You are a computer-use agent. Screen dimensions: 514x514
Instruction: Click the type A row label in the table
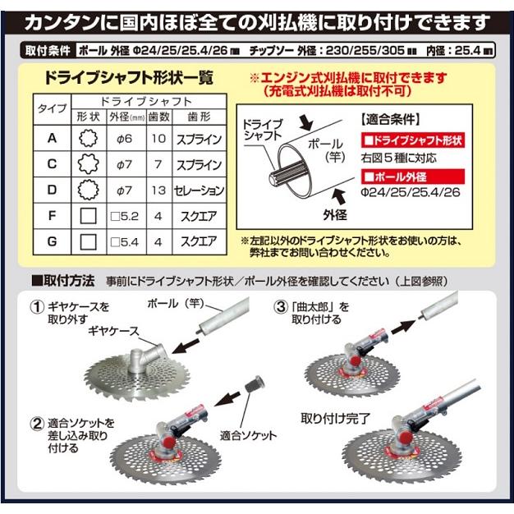click(x=52, y=139)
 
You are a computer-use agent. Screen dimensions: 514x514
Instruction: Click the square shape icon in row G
click(x=87, y=242)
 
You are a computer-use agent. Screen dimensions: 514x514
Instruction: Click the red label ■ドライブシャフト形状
click(x=412, y=140)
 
